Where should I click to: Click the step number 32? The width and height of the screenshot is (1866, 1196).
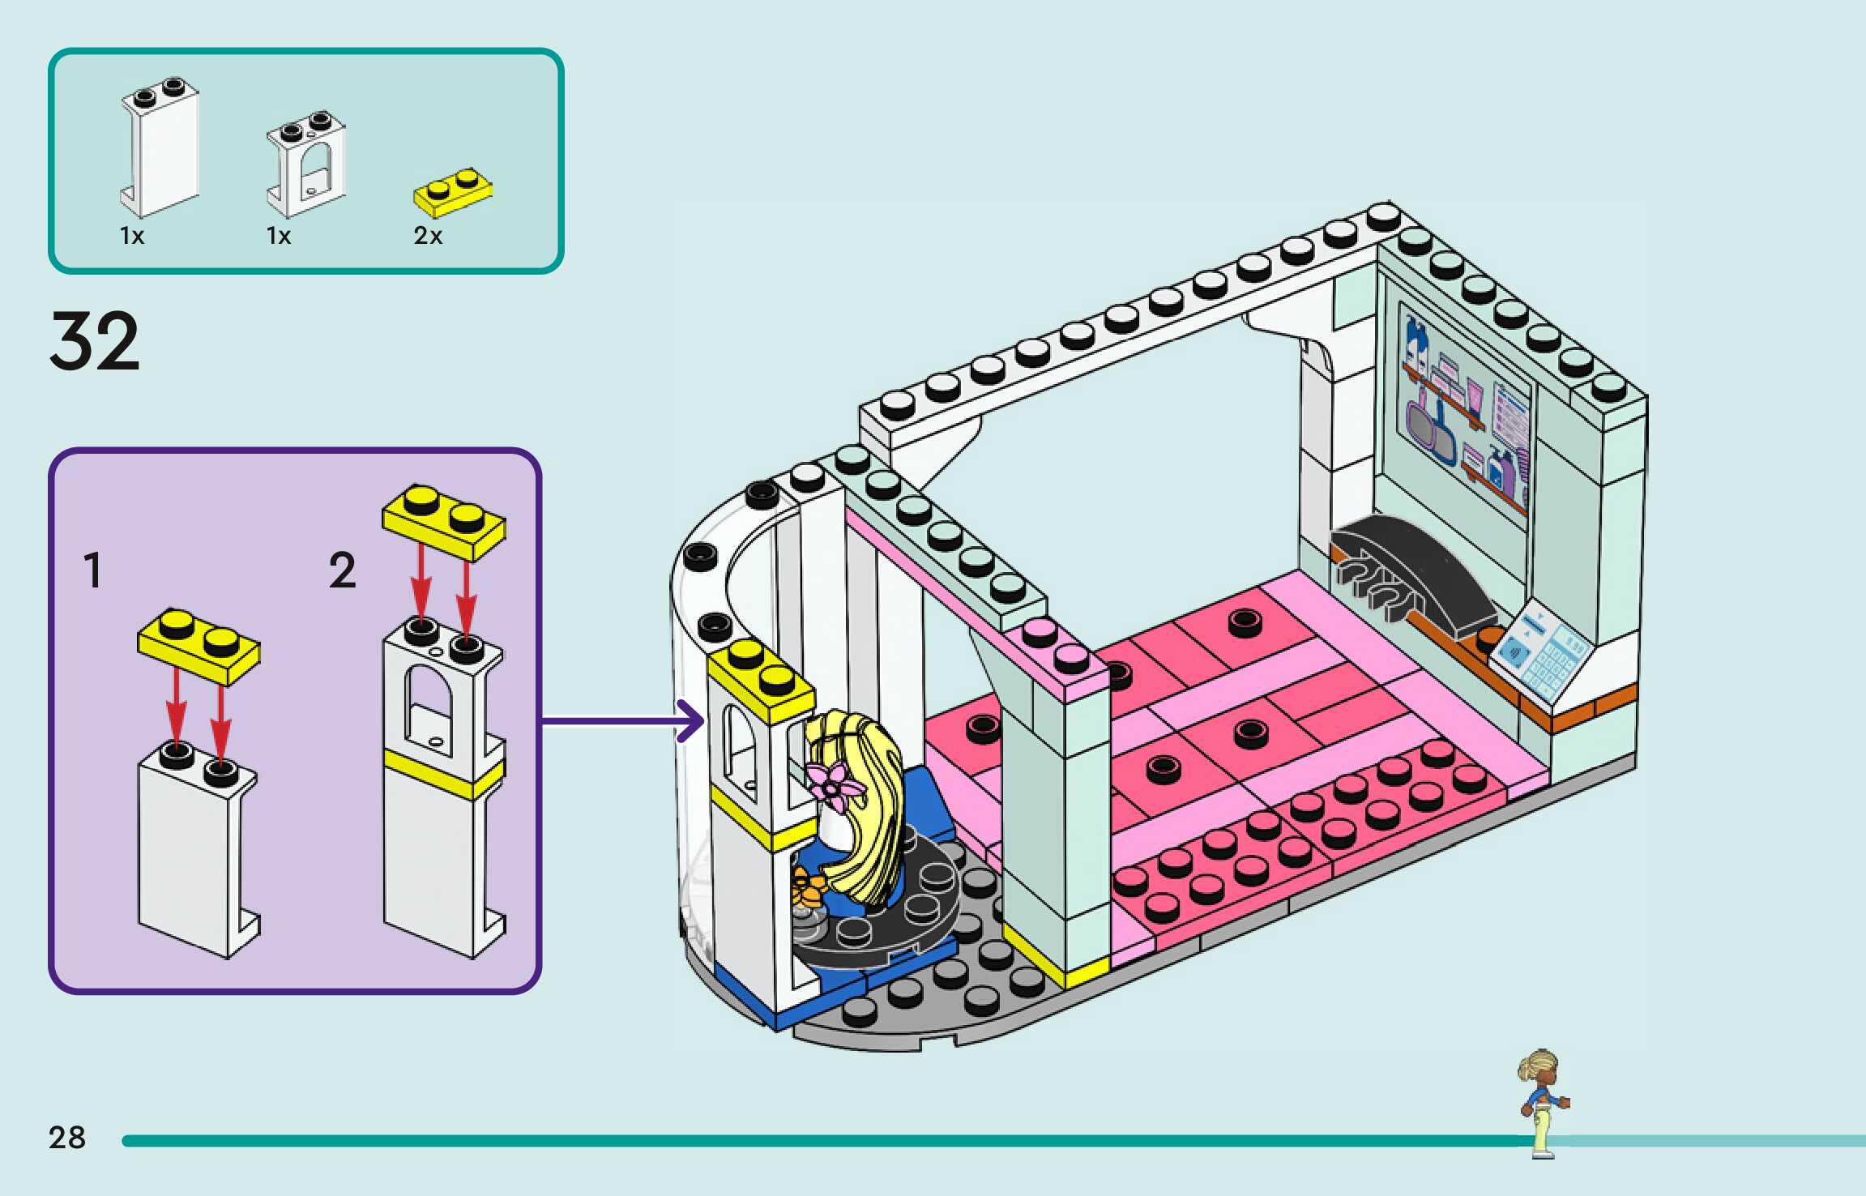95,342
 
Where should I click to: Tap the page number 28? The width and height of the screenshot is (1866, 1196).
66,1138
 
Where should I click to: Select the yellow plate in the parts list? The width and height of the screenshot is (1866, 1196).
453,193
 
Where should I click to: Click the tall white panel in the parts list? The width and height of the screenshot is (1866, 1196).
160,150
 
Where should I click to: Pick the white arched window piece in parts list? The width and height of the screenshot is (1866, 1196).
306,164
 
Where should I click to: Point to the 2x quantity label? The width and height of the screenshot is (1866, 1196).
428,236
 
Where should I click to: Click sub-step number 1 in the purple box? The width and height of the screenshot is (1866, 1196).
93,570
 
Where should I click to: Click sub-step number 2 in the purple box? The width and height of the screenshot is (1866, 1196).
342,570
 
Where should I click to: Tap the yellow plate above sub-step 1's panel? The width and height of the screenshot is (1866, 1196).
199,646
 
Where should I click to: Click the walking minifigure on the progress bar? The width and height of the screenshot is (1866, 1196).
1543,1103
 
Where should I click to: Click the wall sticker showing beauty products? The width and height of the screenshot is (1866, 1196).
1465,411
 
